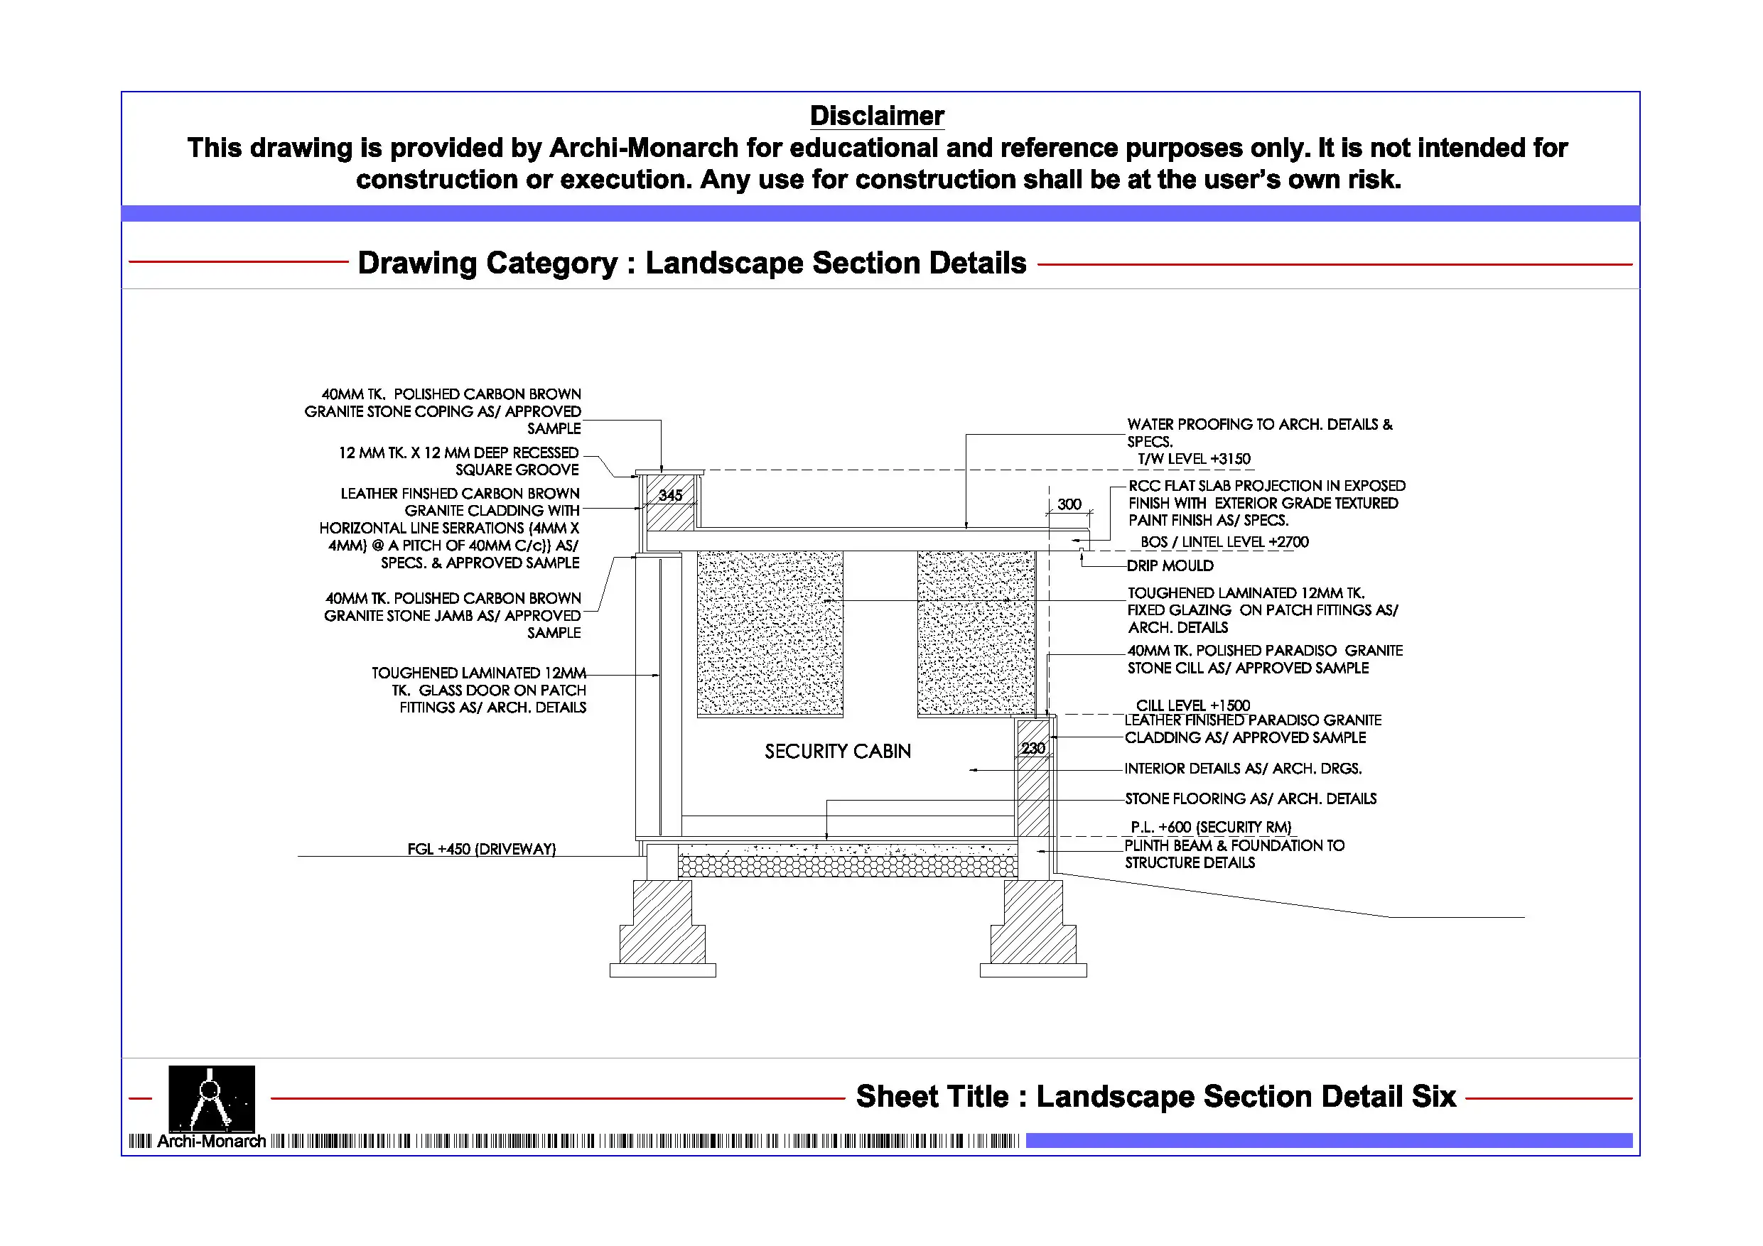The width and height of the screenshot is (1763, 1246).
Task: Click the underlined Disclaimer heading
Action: coord(876,116)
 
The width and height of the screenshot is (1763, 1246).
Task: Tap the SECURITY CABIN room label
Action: coord(837,751)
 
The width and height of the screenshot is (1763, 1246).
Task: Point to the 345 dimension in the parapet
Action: coord(669,495)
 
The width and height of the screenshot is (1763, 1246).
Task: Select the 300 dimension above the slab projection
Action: coord(1068,504)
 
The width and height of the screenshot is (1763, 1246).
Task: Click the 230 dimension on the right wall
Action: coord(1033,748)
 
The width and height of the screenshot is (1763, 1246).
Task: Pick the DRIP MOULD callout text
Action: coord(1170,565)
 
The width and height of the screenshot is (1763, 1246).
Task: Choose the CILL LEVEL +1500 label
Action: coord(1192,705)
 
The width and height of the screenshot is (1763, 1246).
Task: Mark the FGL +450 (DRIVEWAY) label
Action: coord(482,849)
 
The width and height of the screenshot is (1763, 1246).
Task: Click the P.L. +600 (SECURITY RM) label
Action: coord(1210,827)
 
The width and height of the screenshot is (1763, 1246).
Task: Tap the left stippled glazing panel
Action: coord(770,634)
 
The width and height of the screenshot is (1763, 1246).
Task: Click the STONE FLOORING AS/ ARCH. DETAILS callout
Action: coord(1250,798)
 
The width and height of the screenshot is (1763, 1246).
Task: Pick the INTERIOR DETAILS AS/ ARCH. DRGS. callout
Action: coord(1242,769)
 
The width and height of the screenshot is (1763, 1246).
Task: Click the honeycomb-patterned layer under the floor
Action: coord(847,867)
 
